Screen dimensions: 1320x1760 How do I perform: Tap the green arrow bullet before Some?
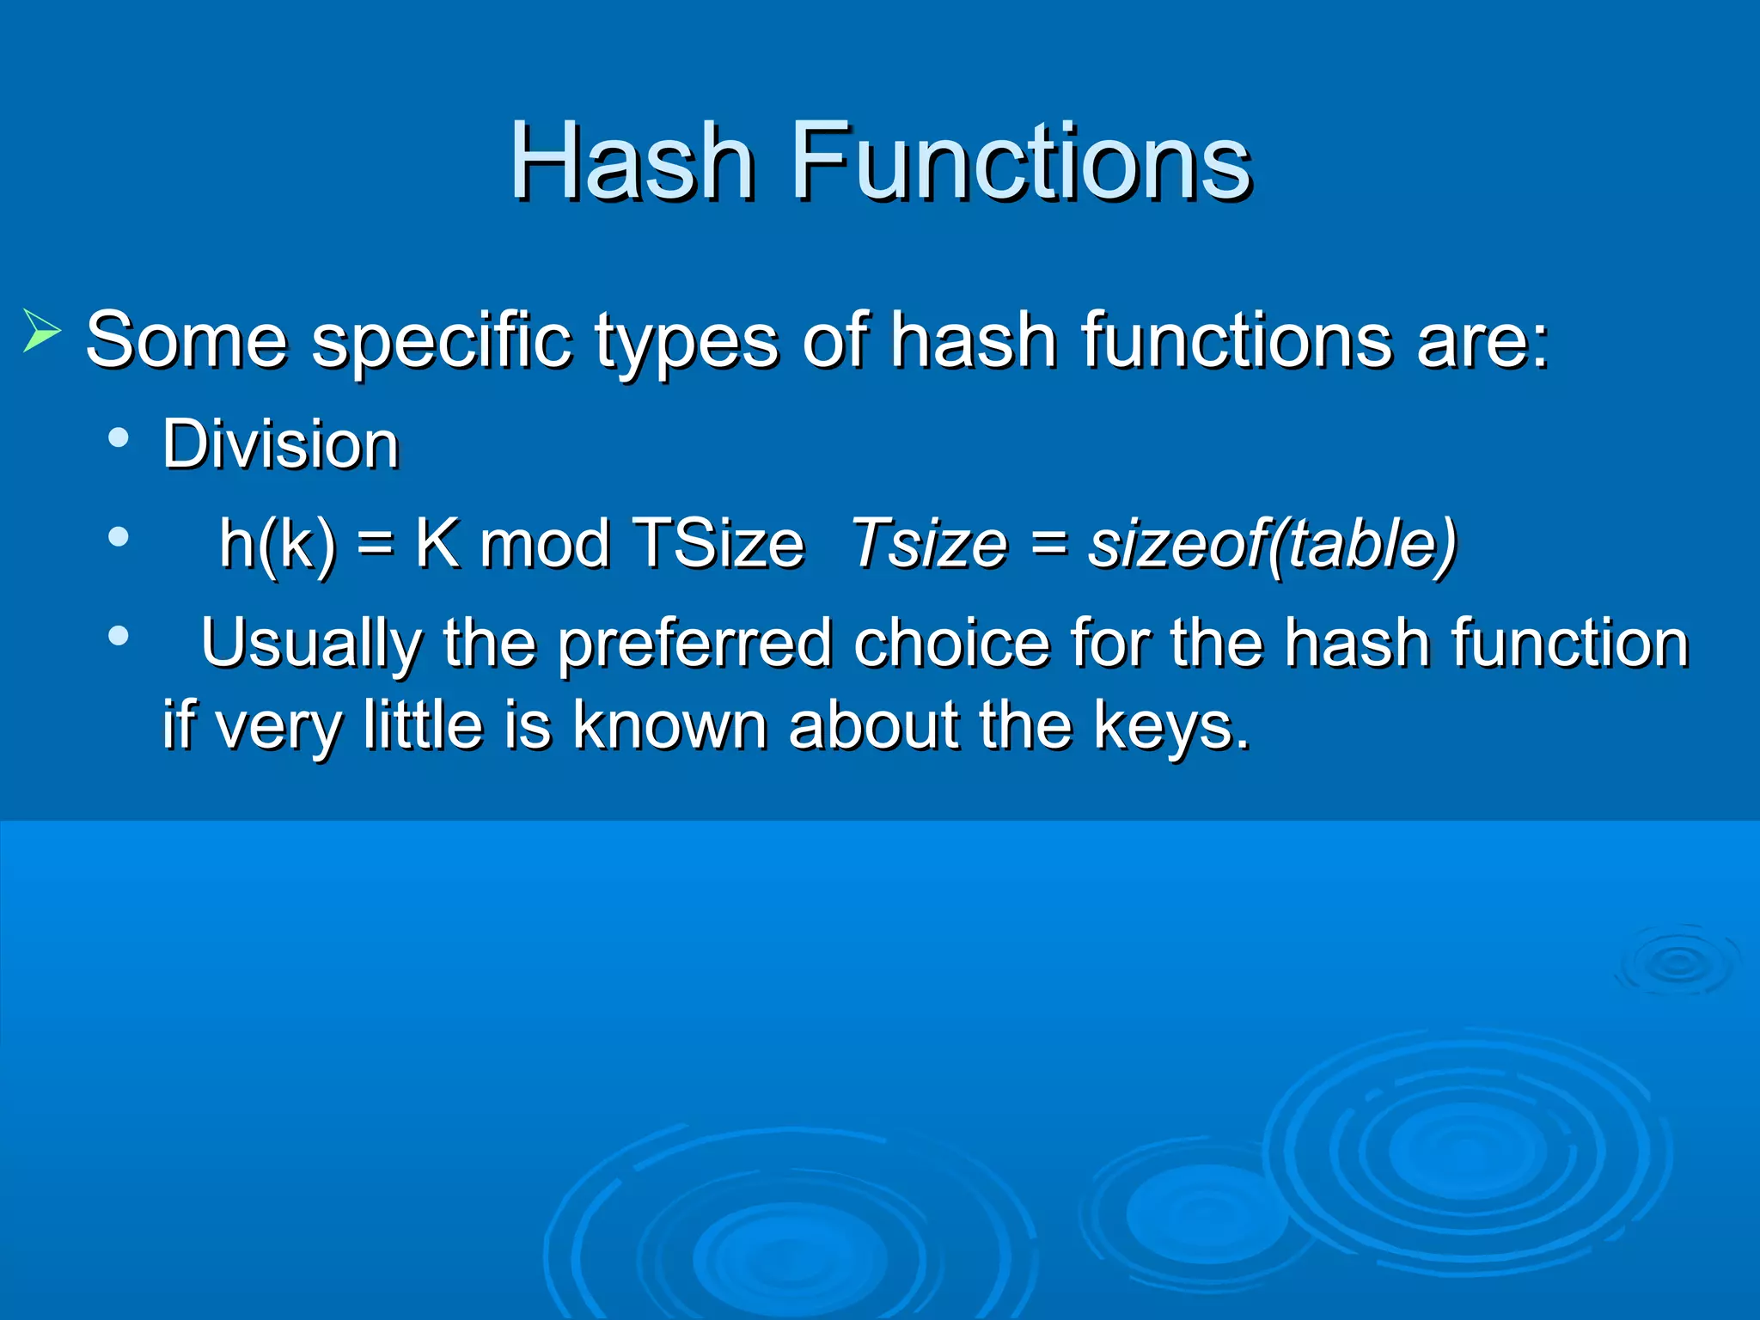(40, 330)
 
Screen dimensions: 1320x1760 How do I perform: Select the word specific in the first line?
(441, 341)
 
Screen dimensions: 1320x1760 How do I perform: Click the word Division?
(281, 444)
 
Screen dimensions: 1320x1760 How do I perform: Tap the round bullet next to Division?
(119, 438)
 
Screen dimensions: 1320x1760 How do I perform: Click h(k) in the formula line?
(277, 543)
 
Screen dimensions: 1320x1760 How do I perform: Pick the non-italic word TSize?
(718, 543)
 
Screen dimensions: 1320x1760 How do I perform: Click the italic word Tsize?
(928, 543)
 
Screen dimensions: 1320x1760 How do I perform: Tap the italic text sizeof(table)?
(1272, 543)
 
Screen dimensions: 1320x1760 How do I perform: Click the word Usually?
(310, 643)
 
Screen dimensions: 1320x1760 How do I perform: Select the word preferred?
(694, 643)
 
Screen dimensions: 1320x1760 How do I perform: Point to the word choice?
(950, 643)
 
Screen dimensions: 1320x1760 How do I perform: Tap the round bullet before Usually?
(119, 637)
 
